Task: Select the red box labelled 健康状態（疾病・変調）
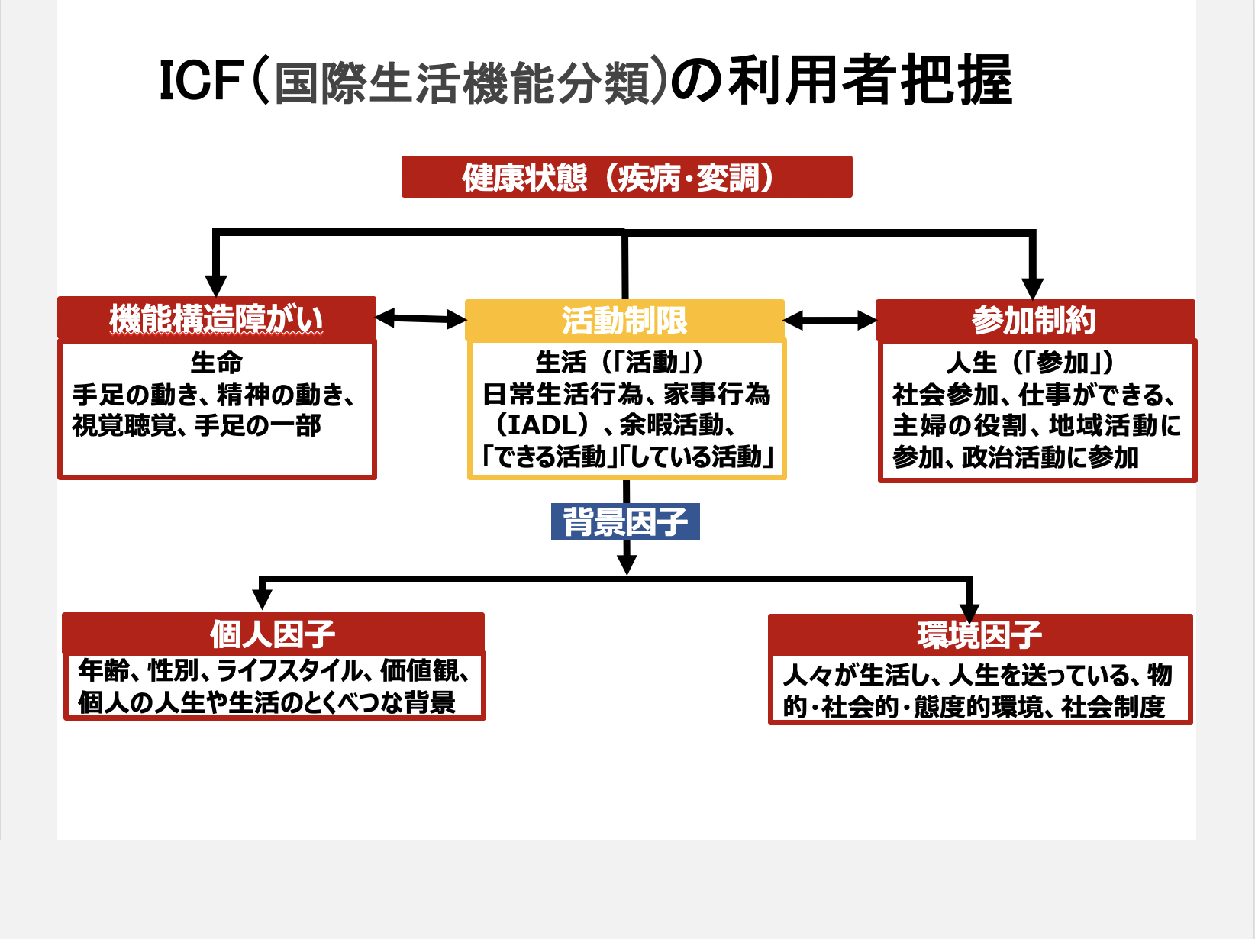click(x=627, y=176)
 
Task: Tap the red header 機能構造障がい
click(x=217, y=318)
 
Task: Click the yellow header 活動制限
click(x=624, y=320)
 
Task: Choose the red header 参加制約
click(x=1035, y=320)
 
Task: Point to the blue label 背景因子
click(x=625, y=521)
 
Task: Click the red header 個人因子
click(x=273, y=633)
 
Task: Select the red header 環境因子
click(x=980, y=635)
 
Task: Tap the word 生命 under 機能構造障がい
click(x=217, y=363)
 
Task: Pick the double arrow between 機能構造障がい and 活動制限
click(x=421, y=318)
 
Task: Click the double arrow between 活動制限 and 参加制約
click(x=831, y=320)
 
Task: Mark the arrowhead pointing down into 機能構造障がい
click(x=216, y=286)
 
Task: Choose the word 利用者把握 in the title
click(x=869, y=81)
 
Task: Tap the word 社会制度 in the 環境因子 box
click(x=1113, y=707)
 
